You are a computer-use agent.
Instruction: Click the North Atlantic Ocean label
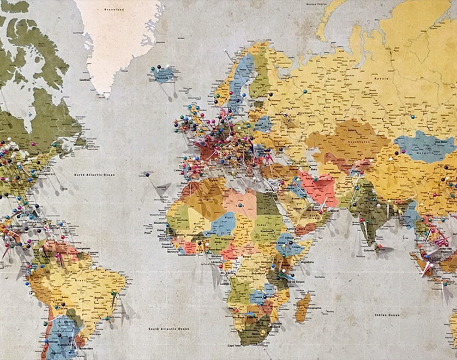point(95,175)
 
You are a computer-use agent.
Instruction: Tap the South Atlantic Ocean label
point(168,329)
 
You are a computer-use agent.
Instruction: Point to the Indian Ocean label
point(387,315)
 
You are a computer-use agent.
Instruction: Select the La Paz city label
point(58,300)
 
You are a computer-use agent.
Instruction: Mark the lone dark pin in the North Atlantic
point(147,174)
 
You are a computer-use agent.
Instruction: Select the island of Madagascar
point(302,307)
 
